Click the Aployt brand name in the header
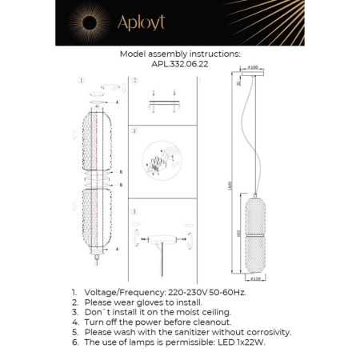[x=141, y=22]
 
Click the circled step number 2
[x=136, y=81]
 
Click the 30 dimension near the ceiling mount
[x=238, y=84]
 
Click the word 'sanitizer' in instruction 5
[x=190, y=331]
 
